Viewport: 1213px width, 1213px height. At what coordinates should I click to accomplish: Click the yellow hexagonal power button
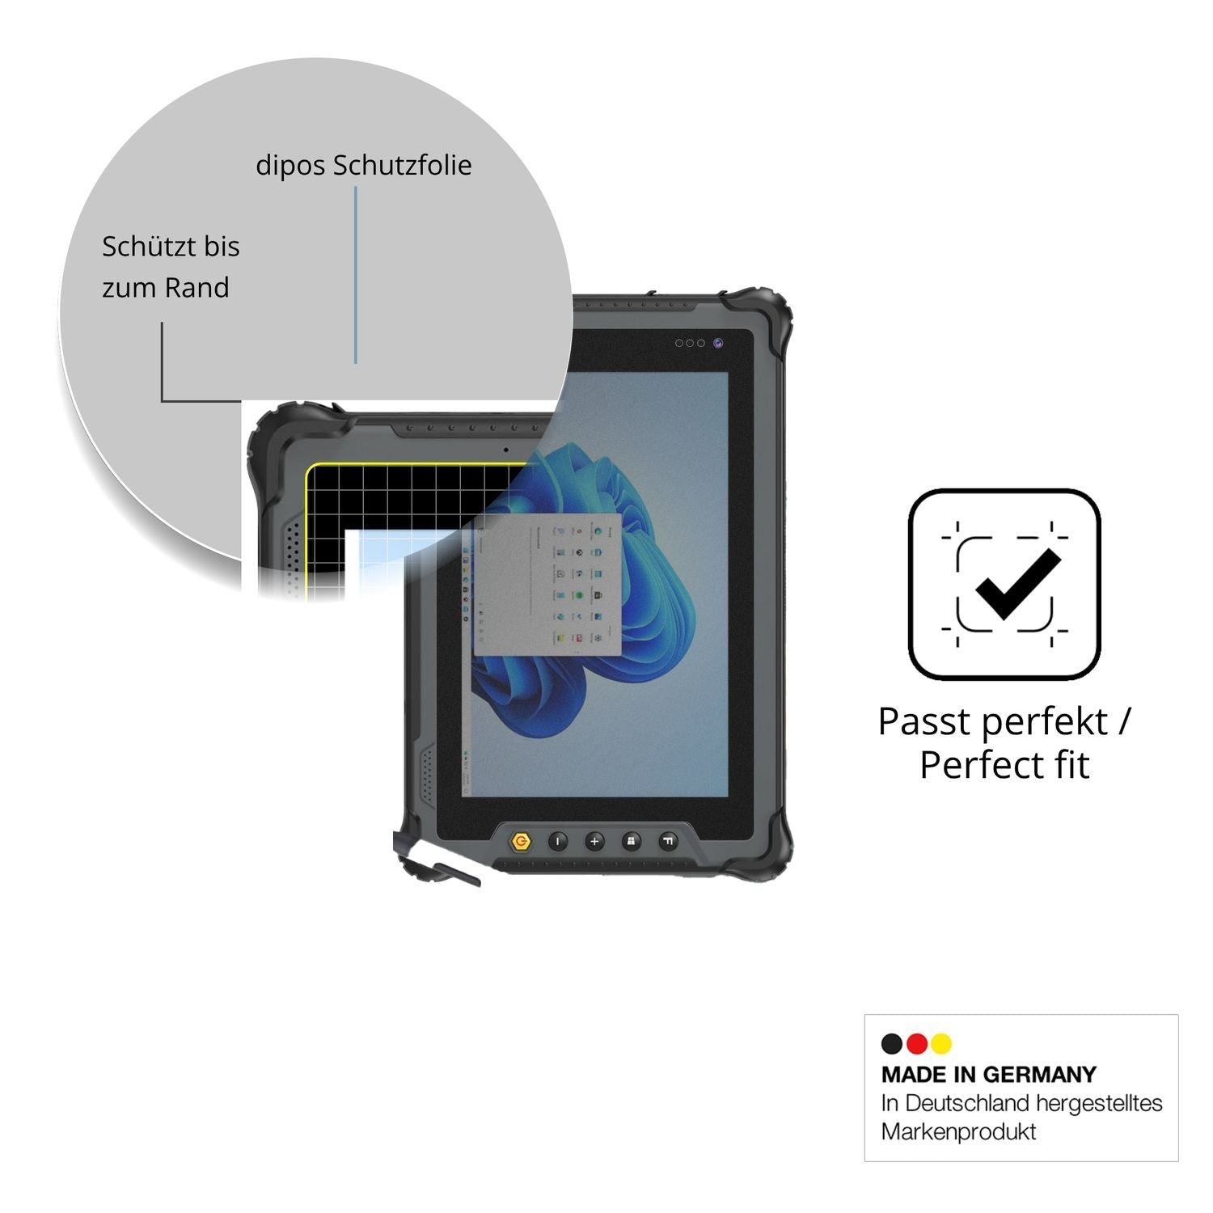point(522,842)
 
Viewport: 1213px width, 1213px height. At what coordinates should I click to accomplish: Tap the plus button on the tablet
point(594,842)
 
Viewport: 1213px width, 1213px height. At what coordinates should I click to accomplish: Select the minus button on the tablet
point(558,842)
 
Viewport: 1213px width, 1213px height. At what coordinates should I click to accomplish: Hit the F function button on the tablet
point(668,842)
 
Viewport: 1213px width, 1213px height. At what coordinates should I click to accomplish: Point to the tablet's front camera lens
point(717,343)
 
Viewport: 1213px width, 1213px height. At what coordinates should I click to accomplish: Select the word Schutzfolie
point(403,165)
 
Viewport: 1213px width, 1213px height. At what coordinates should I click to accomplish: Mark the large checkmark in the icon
point(1017,584)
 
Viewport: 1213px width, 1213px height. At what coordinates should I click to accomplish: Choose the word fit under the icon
point(1067,764)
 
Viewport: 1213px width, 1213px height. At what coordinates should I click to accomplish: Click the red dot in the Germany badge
point(916,1044)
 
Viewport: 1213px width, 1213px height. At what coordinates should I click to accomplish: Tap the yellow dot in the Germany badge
point(940,1044)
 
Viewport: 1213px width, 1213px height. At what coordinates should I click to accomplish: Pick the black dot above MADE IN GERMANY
point(892,1044)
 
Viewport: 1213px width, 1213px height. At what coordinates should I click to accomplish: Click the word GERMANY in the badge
point(1039,1075)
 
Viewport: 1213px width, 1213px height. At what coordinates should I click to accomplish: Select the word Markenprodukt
point(958,1131)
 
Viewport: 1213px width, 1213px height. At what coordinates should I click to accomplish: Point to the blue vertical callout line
point(355,275)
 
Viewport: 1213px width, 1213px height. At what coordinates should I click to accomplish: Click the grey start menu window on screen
point(547,585)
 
